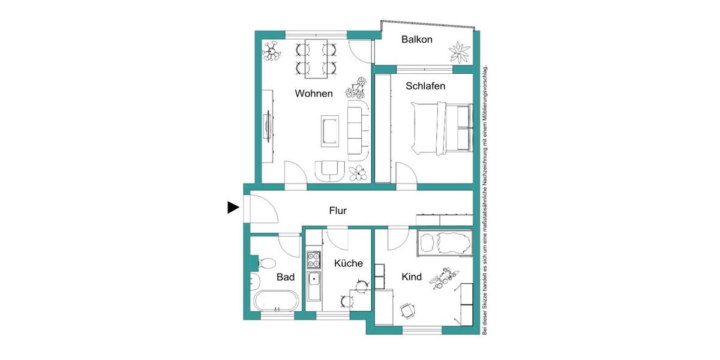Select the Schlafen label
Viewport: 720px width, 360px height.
click(x=425, y=86)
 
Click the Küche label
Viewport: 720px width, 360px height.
click(x=349, y=263)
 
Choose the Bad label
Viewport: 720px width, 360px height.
click(x=286, y=278)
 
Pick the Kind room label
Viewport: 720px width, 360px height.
click(x=412, y=277)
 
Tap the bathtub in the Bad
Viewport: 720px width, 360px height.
click(x=277, y=300)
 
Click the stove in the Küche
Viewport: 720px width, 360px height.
click(x=314, y=260)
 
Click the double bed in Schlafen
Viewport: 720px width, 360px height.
click(x=441, y=127)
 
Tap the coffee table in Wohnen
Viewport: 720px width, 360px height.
click(x=329, y=130)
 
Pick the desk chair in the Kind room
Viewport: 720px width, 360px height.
click(x=408, y=310)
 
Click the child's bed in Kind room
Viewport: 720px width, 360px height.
click(x=443, y=242)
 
